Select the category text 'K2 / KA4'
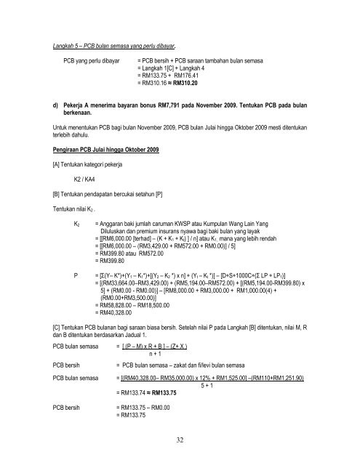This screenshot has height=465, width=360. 87,179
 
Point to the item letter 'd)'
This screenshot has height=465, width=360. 47,112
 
